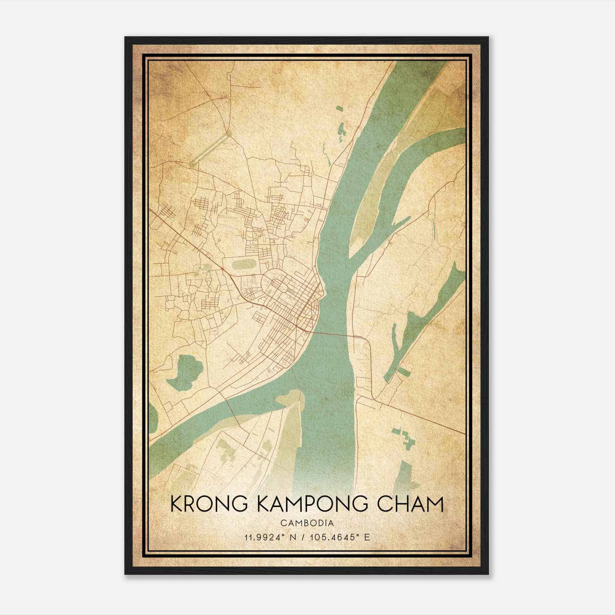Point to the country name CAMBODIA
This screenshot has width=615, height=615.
[x=307, y=523]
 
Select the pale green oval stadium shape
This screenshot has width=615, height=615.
[x=244, y=264]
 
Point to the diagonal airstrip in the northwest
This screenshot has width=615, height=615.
[x=210, y=150]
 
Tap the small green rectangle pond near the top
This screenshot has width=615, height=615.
[x=339, y=108]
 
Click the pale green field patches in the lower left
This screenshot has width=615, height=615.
[x=227, y=450]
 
